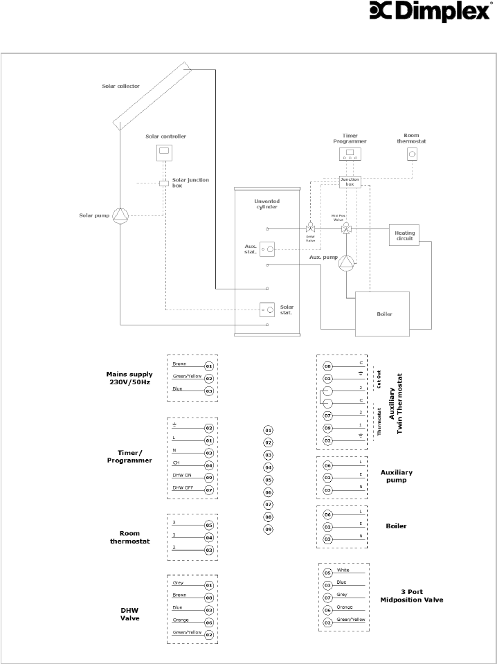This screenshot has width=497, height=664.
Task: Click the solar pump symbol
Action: click(x=121, y=216)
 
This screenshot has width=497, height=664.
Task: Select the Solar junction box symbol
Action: click(x=164, y=183)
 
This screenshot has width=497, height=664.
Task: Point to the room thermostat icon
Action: click(x=412, y=154)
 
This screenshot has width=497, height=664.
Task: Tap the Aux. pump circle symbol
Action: click(x=346, y=262)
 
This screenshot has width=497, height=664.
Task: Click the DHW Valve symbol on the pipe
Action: click(x=310, y=228)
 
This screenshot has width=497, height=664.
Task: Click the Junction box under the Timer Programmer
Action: click(x=350, y=182)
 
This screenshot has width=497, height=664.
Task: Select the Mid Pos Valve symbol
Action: click(x=346, y=228)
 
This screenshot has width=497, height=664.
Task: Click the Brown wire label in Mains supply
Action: click(x=179, y=363)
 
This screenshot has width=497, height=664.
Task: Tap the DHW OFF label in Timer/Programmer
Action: click(x=183, y=487)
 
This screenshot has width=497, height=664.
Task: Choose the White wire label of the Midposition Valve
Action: click(x=343, y=570)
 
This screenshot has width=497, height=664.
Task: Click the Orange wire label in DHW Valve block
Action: click(x=181, y=620)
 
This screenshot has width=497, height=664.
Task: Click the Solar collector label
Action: click(x=120, y=87)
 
